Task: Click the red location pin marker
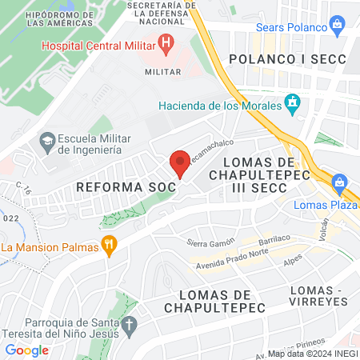(x=180, y=163)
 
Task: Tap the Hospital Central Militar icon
(x=166, y=43)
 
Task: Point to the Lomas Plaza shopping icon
(x=342, y=183)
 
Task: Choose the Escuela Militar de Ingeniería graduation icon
(x=46, y=142)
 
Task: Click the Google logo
(x=26, y=350)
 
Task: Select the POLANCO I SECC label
(x=286, y=59)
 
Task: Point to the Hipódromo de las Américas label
(x=60, y=15)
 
